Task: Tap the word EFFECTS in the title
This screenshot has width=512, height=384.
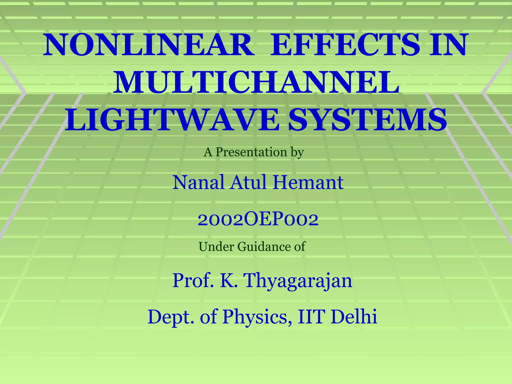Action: pos(345,45)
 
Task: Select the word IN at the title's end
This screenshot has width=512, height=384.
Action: pos(448,45)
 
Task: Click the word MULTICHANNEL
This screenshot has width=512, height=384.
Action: pos(256,83)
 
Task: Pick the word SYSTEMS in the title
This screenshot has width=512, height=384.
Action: pos(367,120)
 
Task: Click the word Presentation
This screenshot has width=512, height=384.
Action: pos(251,152)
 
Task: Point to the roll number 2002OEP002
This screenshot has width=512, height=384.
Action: pos(258,219)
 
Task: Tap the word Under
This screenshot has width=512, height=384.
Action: pos(216,247)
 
